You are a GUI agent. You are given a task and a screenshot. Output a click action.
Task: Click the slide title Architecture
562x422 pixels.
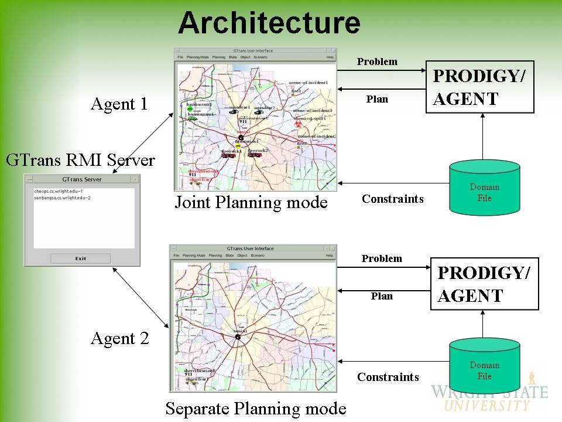pos(269,23)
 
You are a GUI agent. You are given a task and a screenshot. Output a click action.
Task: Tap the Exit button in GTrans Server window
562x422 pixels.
pos(80,258)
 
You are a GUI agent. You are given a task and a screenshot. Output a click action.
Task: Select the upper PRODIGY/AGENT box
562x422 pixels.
pos(479,86)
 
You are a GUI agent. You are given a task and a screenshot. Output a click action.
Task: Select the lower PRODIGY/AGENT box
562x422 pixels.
pos(484,283)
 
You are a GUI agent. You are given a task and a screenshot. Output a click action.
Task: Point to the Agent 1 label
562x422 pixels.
pos(119,104)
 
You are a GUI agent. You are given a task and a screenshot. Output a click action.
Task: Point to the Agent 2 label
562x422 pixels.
pos(119,339)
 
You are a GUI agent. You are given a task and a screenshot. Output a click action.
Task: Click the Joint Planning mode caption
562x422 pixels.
pos(251,203)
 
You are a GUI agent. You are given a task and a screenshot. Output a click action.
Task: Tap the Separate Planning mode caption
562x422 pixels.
pos(256,409)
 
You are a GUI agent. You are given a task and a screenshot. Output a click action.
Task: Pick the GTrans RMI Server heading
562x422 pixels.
pos(80,160)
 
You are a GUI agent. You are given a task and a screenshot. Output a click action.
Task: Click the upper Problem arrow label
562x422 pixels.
pos(377,62)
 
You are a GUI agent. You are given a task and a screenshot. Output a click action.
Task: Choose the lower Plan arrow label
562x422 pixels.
pos(382,296)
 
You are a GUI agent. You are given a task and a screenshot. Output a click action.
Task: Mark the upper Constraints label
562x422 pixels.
pos(392,199)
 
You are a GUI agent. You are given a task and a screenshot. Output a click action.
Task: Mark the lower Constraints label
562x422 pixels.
pos(388,377)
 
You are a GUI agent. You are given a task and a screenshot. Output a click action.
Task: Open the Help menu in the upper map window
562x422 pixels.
pos(330,57)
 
